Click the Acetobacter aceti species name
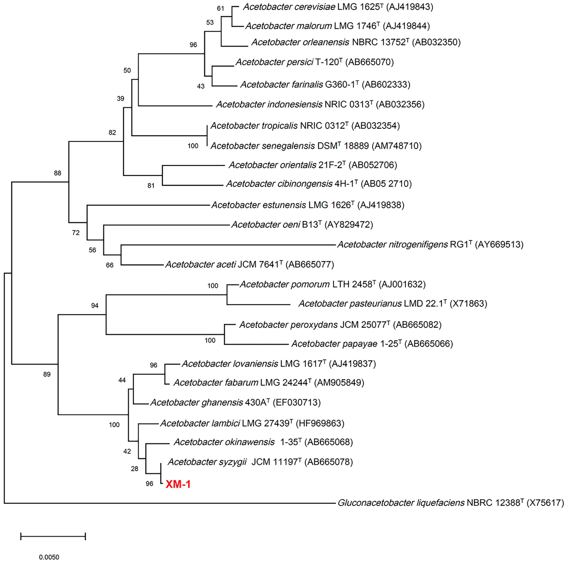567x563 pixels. [x=201, y=264]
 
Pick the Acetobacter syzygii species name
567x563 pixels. [x=207, y=462]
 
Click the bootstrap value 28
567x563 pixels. [x=134, y=469]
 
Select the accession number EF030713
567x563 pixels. [x=297, y=402]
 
